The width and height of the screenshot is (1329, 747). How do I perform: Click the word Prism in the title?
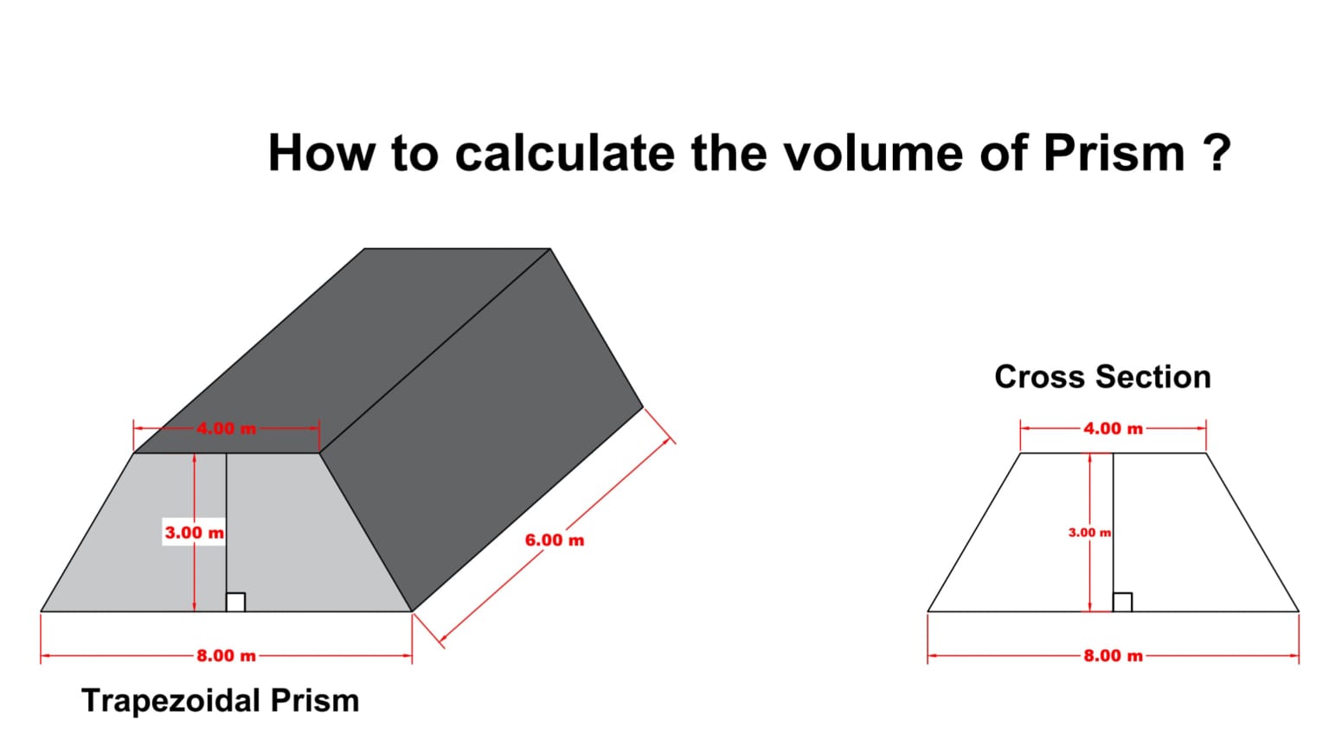click(1114, 153)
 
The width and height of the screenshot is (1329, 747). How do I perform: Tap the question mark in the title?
click(1217, 153)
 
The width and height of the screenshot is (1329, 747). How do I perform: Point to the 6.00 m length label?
click(554, 540)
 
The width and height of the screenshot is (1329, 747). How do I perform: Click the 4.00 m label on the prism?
click(226, 428)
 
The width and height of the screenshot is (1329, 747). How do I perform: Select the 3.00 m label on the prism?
click(194, 533)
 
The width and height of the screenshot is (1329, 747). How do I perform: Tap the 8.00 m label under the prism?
click(226, 655)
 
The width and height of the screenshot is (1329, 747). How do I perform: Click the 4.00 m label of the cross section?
click(1113, 428)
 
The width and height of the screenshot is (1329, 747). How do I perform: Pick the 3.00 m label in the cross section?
click(1089, 533)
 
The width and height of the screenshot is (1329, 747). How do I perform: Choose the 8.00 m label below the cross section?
click(1113, 655)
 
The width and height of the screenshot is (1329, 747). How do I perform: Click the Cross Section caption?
click(1102, 377)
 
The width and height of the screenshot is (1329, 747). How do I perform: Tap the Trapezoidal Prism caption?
click(220, 700)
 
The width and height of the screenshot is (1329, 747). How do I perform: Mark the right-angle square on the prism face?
click(235, 602)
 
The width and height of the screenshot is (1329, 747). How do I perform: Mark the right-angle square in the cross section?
click(1122, 602)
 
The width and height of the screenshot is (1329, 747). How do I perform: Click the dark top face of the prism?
click(346, 346)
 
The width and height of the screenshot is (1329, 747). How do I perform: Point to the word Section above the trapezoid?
click(1152, 377)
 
